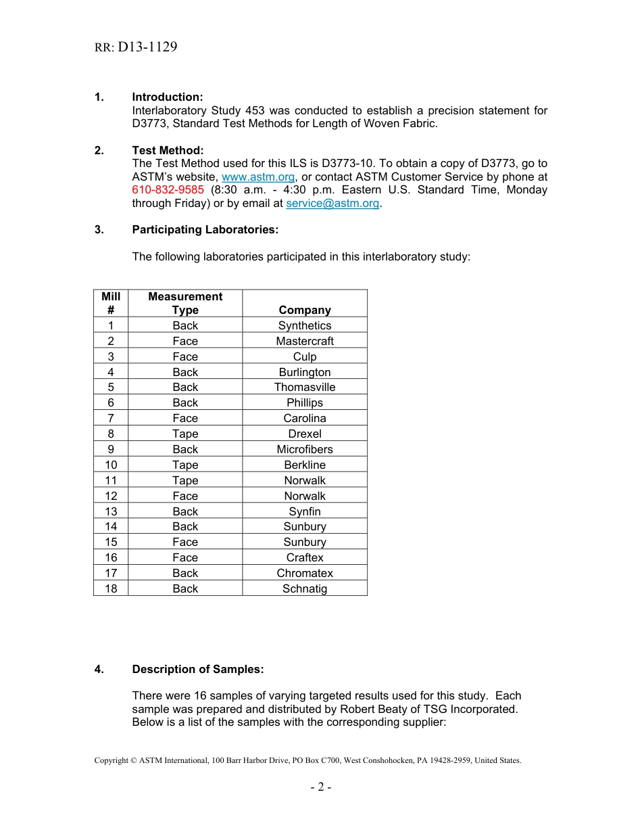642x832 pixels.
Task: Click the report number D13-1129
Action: (147, 47)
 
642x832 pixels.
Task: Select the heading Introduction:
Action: (167, 97)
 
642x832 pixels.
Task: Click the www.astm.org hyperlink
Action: (258, 177)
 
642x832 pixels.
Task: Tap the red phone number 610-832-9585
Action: (168, 190)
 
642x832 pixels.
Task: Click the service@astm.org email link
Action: (332, 203)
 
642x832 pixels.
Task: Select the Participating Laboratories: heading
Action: (205, 229)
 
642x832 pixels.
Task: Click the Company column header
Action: (305, 310)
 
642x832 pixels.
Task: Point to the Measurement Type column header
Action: (185, 303)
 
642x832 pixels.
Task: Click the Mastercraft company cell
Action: (305, 341)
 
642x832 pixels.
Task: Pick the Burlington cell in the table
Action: (305, 372)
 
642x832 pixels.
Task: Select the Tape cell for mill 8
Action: (185, 434)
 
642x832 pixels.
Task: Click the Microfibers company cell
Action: (305, 449)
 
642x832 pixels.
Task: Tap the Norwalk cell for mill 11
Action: (305, 480)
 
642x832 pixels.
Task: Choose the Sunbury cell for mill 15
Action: (305, 542)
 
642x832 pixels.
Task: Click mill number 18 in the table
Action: (111, 588)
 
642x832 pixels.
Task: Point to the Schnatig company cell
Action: (305, 588)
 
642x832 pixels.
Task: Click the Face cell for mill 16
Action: (185, 557)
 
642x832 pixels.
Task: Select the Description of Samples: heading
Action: (197, 669)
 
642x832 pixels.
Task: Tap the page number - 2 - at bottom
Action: (321, 787)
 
